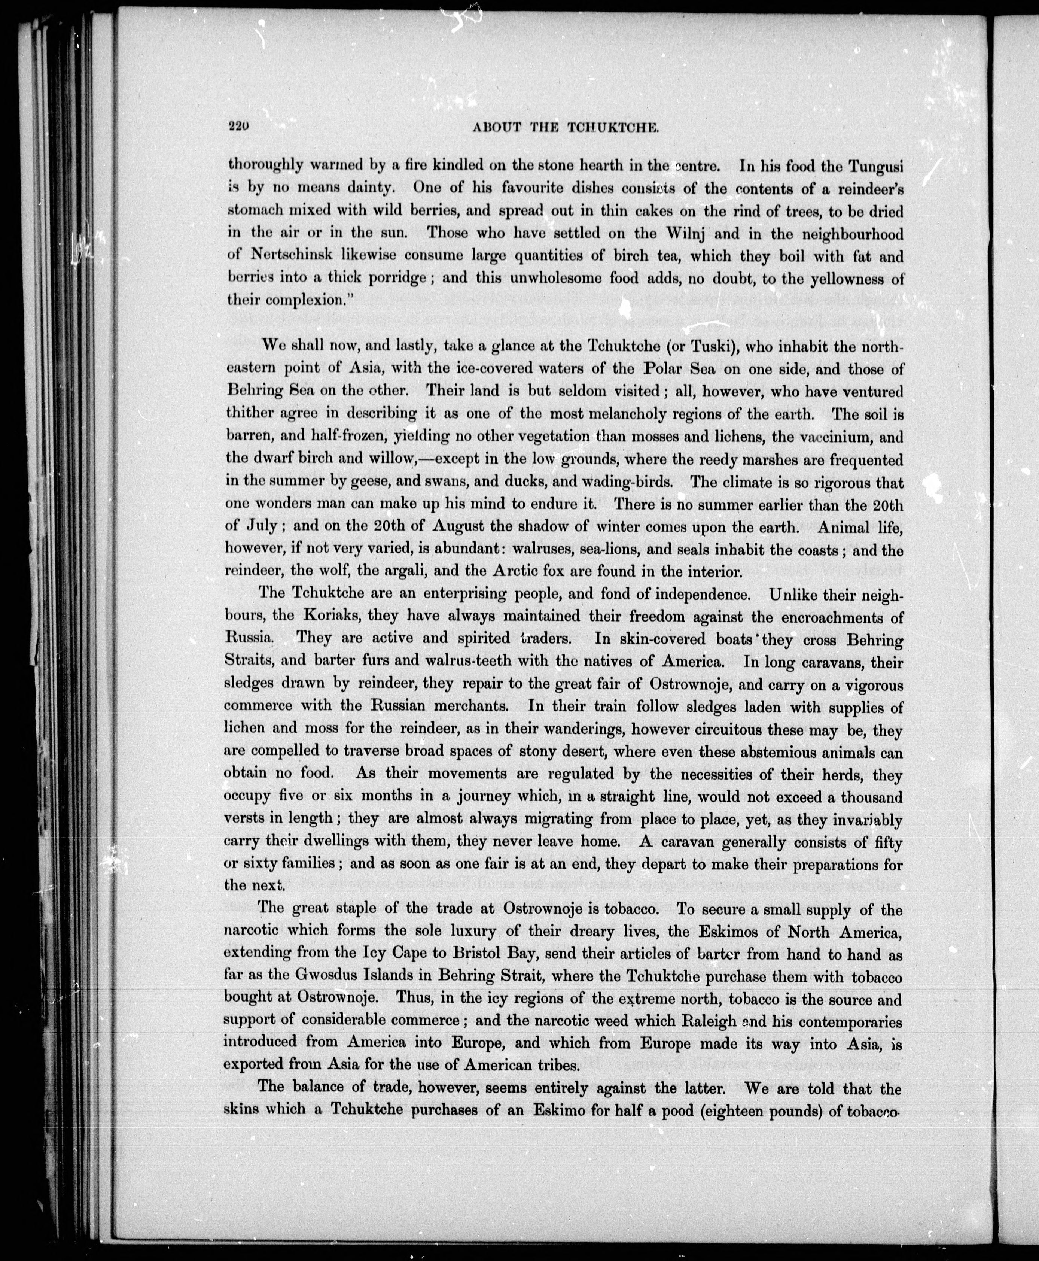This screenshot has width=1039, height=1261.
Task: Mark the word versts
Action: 246,818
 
